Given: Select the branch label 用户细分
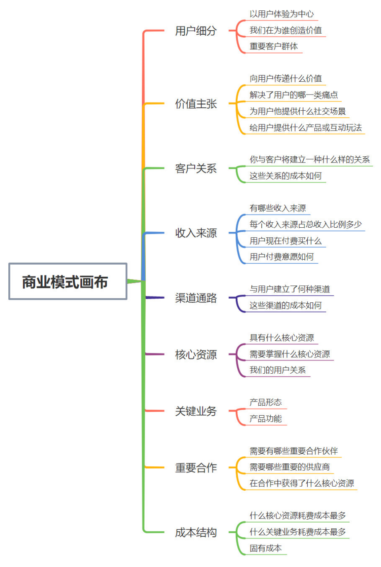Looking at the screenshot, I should click(195, 31).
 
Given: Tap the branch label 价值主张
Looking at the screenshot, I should click(195, 104).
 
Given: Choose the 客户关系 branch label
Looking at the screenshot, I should click(195, 168).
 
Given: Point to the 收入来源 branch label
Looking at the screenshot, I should click(195, 233).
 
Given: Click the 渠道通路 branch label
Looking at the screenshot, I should click(195, 298).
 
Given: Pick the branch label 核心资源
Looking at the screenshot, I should click(195, 355).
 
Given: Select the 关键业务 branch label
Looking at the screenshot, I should click(195, 411).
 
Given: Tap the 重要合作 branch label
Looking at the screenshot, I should click(195, 468).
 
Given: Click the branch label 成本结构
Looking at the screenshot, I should click(195, 533).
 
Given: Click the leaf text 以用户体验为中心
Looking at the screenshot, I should click(282, 14).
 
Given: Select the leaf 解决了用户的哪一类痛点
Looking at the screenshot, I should click(294, 95).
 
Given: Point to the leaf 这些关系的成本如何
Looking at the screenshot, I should click(285, 176).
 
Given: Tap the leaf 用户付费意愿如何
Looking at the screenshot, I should click(282, 257).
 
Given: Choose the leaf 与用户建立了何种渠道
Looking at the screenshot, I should click(289, 289).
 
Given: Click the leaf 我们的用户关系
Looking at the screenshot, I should click(277, 370).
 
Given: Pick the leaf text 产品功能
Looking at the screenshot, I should click(265, 419).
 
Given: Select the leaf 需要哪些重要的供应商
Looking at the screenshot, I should click(289, 467).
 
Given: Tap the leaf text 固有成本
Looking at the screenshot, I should click(265, 548).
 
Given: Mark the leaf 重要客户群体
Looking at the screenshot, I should click(273, 46).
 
